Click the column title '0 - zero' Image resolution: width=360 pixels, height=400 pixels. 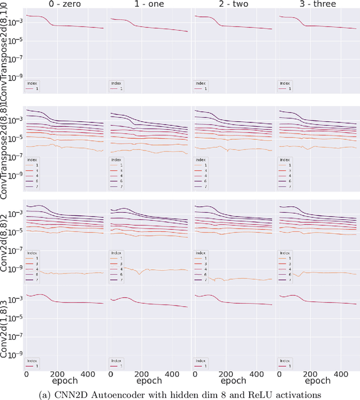pos(65,4)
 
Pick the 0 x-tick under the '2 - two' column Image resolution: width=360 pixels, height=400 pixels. pos(196,374)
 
